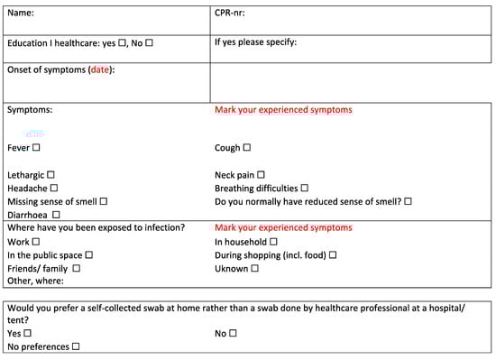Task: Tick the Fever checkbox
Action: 37,147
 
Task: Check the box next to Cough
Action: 246,147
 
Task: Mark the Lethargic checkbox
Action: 51,174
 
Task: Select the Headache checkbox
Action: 52,188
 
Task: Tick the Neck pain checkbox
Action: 261,174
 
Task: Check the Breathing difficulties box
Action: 304,188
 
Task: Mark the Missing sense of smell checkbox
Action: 104,201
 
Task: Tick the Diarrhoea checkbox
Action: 56,215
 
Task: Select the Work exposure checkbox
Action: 36,242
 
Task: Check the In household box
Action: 273,242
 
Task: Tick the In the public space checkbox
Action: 88,255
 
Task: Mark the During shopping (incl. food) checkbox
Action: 333,255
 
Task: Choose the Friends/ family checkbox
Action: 76,269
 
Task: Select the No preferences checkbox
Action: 75,346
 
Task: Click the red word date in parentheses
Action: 100,70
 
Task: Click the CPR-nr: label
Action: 230,13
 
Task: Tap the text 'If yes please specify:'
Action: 255,42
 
